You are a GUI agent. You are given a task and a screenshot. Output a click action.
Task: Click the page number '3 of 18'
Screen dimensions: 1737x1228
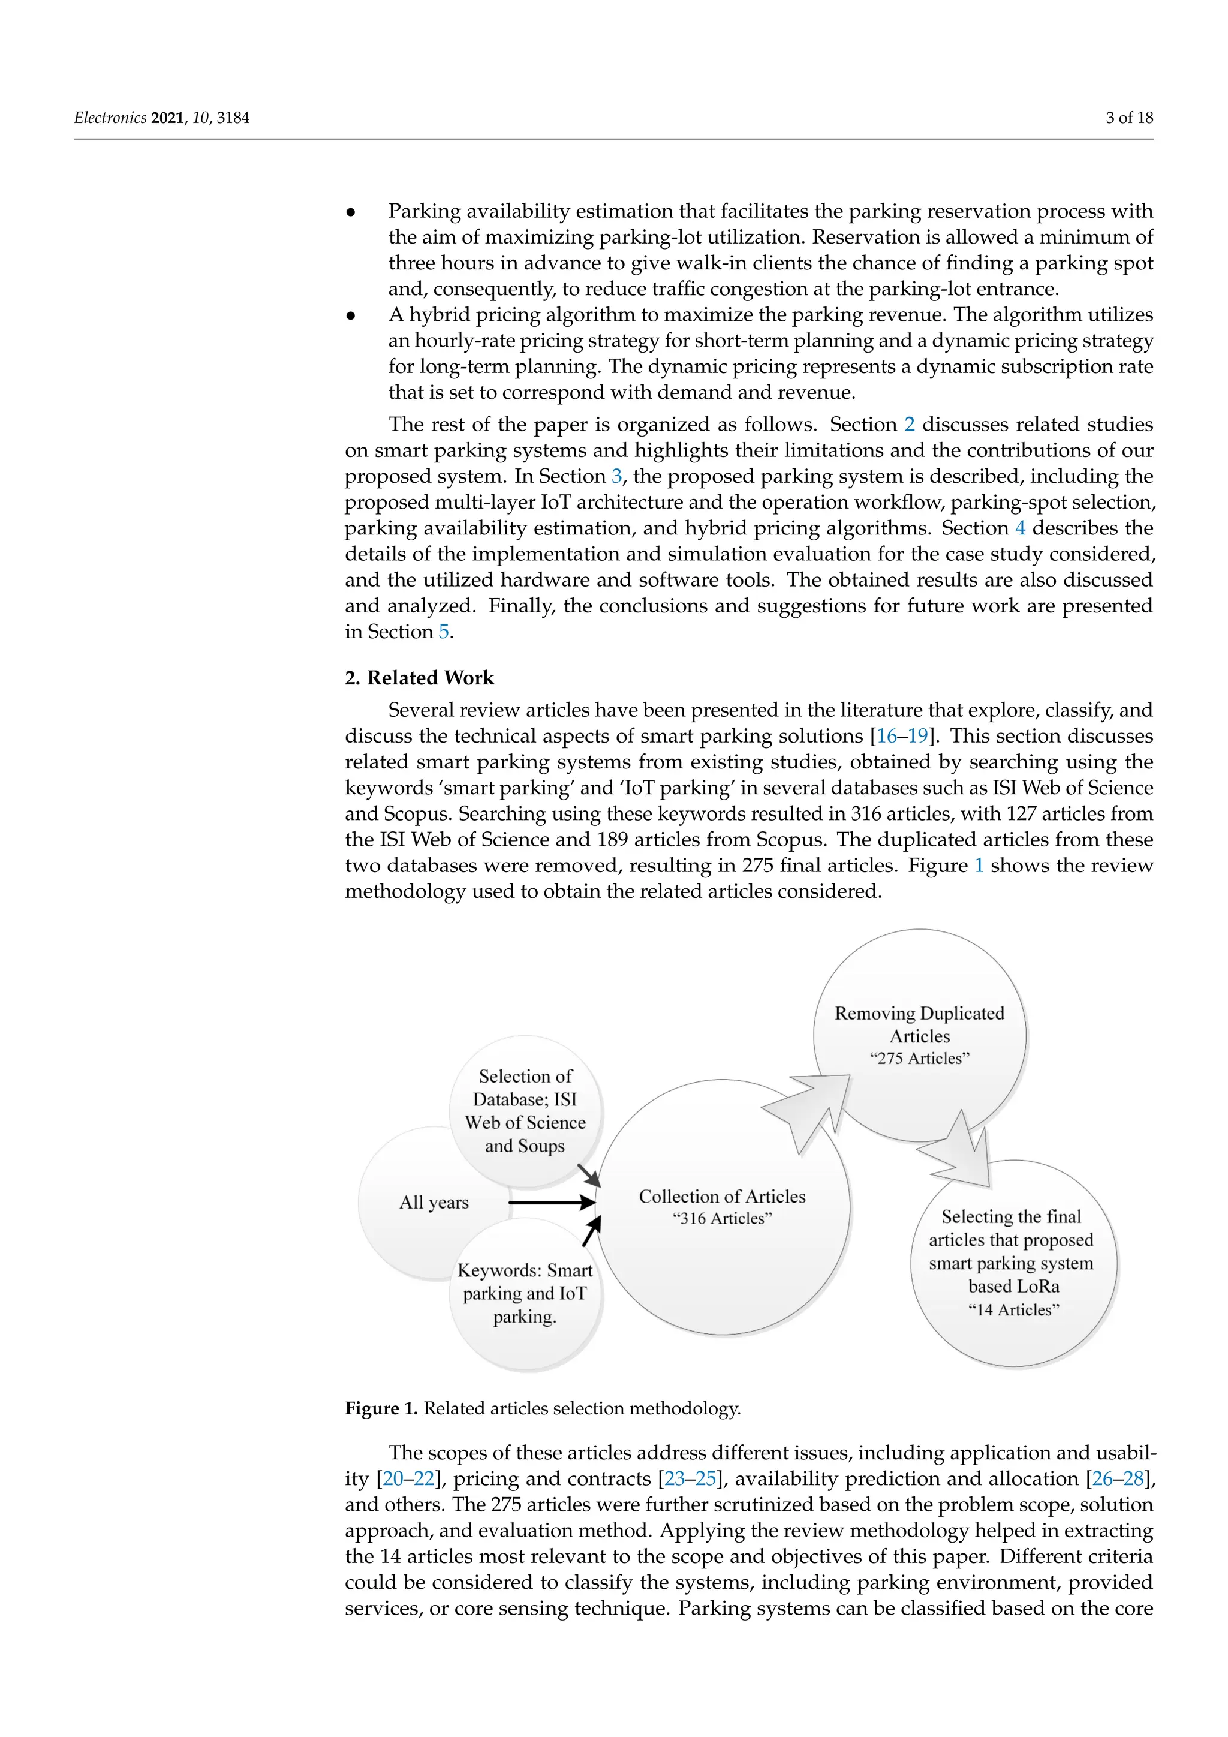(1129, 118)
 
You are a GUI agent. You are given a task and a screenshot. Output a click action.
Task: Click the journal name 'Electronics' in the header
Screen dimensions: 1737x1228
(110, 118)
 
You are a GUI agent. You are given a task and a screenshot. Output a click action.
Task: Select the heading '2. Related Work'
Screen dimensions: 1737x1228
(419, 678)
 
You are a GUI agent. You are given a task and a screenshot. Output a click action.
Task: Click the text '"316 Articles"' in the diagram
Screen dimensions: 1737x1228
(722, 1219)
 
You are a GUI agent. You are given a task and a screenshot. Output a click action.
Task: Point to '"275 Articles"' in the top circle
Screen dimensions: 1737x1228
(919, 1059)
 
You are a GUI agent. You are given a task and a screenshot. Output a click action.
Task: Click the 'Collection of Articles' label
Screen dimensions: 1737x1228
(722, 1196)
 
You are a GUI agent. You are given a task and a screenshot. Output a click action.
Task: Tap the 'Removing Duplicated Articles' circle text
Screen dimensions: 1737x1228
(919, 1024)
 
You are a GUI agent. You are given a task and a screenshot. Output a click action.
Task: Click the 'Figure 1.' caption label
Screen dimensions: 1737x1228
(381, 1408)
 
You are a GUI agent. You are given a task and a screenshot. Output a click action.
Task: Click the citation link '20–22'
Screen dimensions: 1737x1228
(408, 1478)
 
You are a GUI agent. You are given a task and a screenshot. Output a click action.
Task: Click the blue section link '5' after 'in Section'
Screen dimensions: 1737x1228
(444, 632)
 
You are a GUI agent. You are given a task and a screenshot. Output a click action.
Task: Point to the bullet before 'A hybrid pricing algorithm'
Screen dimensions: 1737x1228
(351, 315)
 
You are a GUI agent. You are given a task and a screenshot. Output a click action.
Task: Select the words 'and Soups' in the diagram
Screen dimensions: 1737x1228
(525, 1146)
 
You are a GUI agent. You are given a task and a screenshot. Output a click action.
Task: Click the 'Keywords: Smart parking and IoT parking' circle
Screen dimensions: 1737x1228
(525, 1293)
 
